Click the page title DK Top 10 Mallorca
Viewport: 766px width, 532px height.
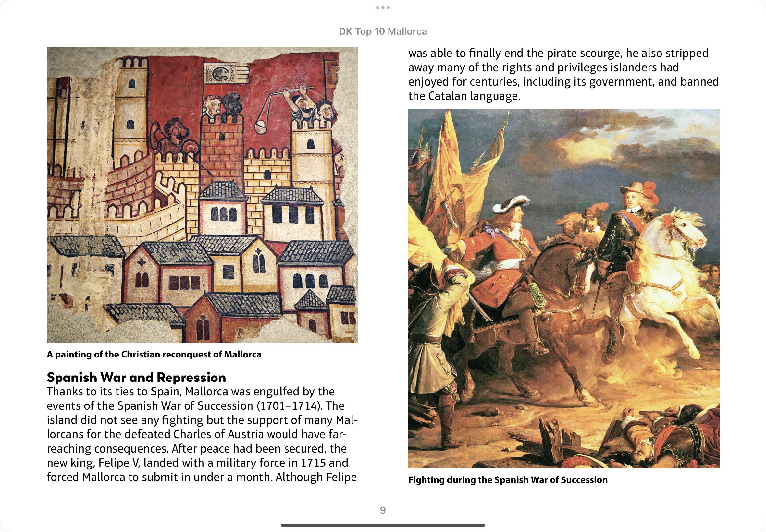click(x=382, y=32)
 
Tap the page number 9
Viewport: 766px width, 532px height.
click(x=383, y=510)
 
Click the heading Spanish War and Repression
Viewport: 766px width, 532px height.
click(x=136, y=377)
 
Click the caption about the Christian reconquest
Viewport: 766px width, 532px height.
click(x=154, y=354)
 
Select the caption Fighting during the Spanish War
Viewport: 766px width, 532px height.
click(x=508, y=480)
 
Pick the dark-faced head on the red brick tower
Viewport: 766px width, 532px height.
click(x=229, y=103)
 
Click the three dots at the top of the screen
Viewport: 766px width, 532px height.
click(x=383, y=8)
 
